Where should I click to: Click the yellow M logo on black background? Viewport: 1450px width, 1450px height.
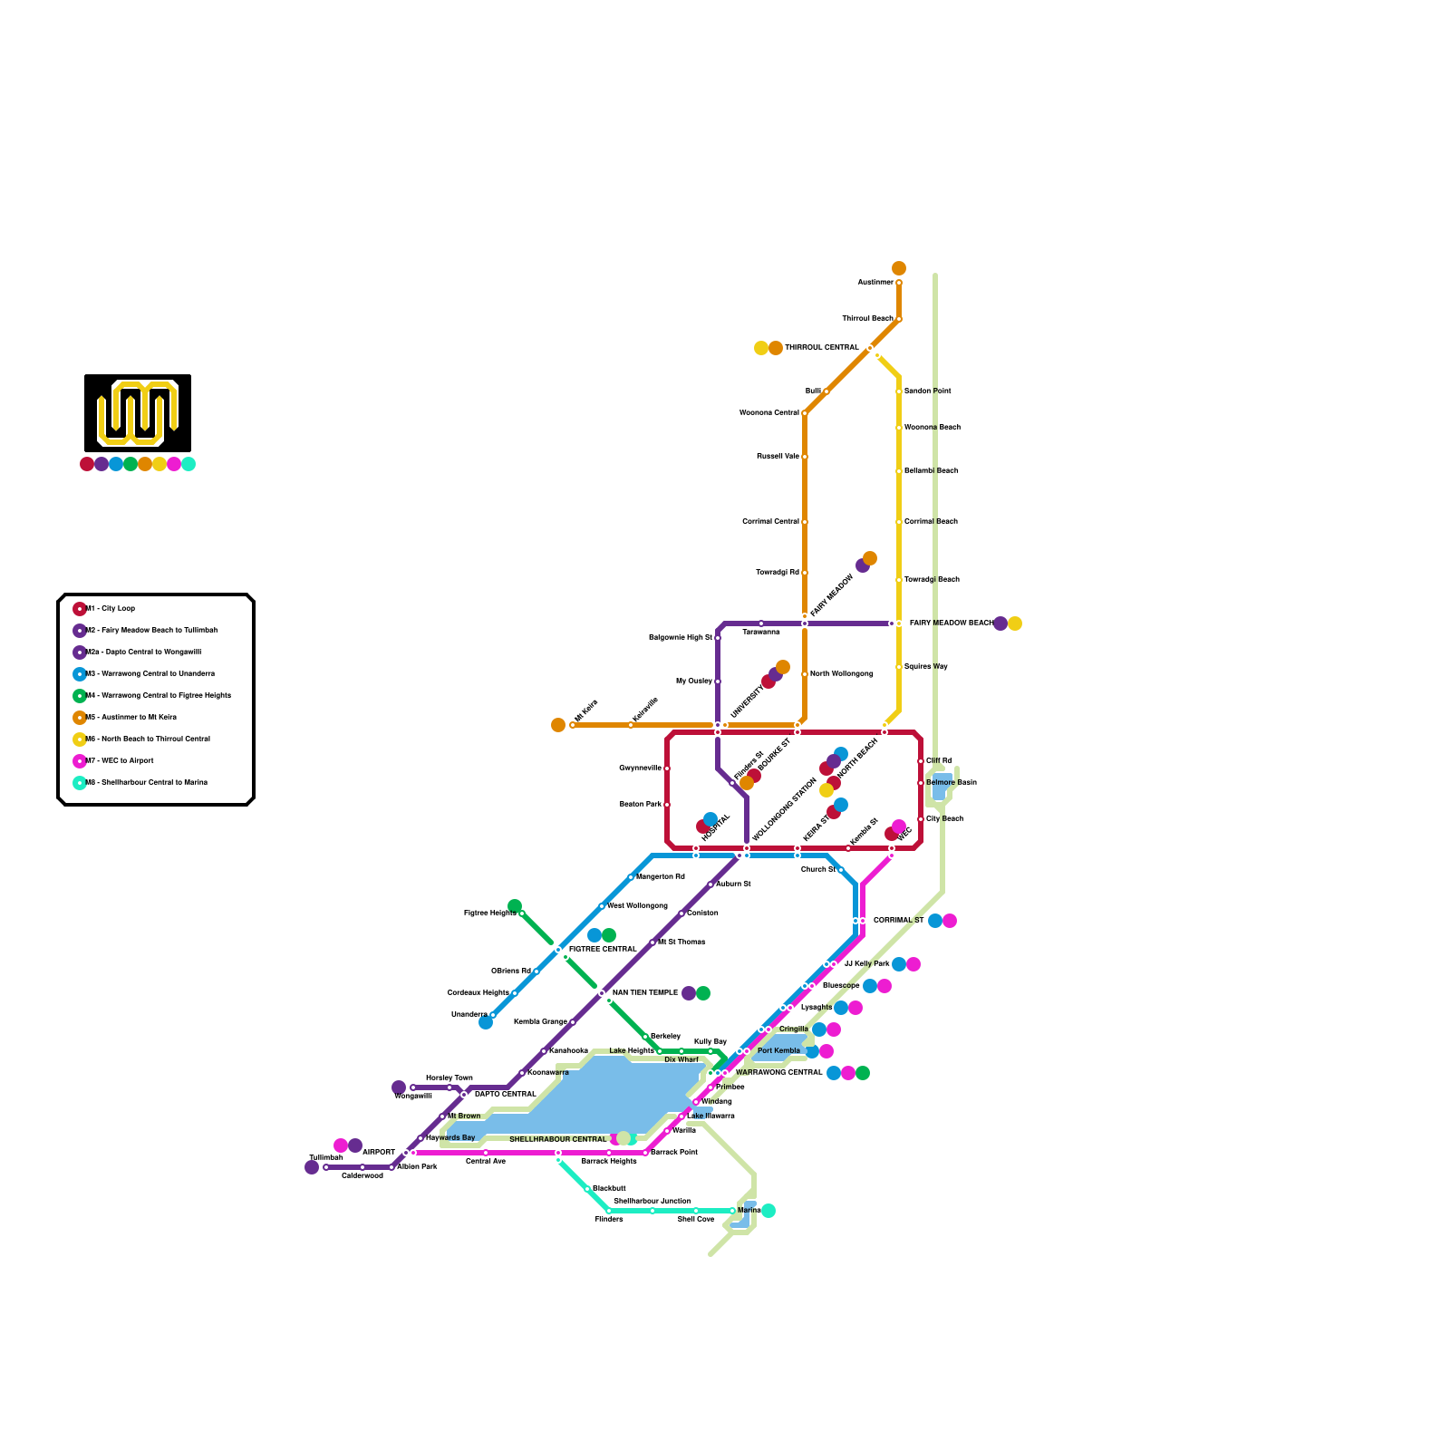tap(138, 413)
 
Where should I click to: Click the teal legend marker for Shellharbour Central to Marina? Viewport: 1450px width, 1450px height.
tap(80, 783)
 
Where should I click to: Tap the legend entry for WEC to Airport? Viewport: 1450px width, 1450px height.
tap(123, 761)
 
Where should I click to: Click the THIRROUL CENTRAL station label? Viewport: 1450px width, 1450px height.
tap(821, 348)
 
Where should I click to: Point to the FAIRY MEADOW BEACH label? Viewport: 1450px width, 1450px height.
tap(950, 623)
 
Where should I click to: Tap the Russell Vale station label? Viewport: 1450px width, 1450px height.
tap(778, 457)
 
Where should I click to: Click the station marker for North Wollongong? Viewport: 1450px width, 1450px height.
tap(805, 674)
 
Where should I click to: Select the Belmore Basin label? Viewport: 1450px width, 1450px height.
tap(951, 783)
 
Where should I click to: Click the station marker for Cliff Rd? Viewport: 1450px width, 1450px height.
tap(921, 761)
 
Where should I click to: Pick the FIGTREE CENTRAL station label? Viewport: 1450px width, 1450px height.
tap(603, 950)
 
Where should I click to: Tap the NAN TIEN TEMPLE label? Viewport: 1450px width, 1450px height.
tap(644, 993)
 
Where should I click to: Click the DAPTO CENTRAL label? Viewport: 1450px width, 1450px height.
tap(505, 1095)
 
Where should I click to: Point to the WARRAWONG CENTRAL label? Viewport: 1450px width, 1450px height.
tap(778, 1073)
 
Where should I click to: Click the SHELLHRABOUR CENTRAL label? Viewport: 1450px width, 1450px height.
tap(557, 1140)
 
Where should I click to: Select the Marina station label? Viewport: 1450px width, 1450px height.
tap(749, 1211)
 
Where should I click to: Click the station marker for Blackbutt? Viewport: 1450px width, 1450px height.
tap(587, 1189)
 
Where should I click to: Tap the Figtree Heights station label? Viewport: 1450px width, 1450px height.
tap(489, 913)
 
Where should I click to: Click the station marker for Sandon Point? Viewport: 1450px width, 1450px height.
tap(899, 391)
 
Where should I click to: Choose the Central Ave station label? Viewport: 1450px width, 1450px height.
tap(486, 1162)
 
